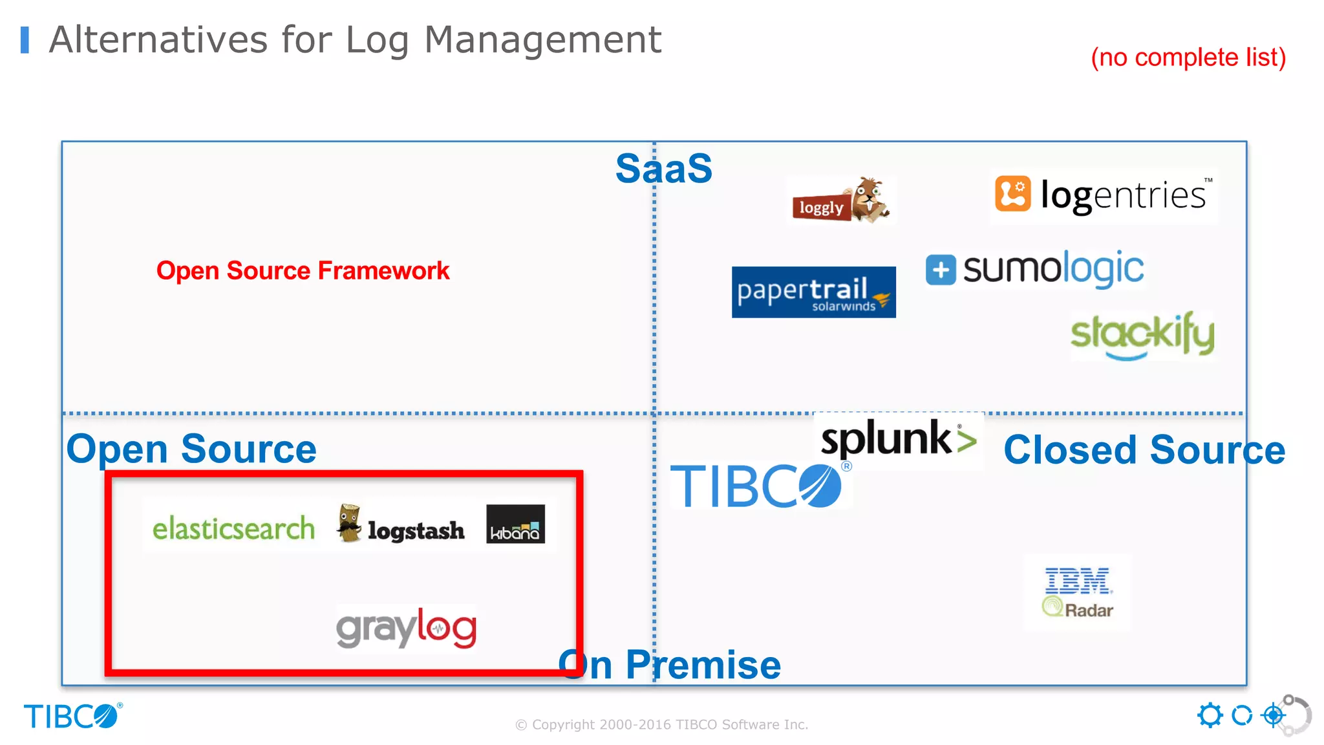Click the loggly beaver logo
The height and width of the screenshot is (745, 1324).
(840, 201)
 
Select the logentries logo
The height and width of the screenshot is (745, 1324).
(1104, 195)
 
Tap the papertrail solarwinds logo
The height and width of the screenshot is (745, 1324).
(813, 292)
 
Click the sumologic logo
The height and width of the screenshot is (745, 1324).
(1035, 269)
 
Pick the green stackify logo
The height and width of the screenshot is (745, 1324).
(1142, 335)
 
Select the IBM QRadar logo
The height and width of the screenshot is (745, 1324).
(1078, 592)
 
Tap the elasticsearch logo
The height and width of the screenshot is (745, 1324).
(233, 529)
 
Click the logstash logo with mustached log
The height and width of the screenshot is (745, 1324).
(400, 525)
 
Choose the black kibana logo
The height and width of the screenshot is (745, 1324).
(515, 524)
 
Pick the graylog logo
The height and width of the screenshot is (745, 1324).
(406, 628)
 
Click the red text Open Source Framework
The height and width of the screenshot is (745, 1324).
(303, 271)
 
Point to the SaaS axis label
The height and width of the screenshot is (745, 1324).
(663, 169)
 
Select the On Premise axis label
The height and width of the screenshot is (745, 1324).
(670, 665)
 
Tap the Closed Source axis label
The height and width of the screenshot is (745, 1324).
(1144, 450)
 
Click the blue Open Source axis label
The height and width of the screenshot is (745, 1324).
(191, 449)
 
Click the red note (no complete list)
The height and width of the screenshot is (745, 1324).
(1188, 58)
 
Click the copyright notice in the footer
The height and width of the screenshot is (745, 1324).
(661, 725)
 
